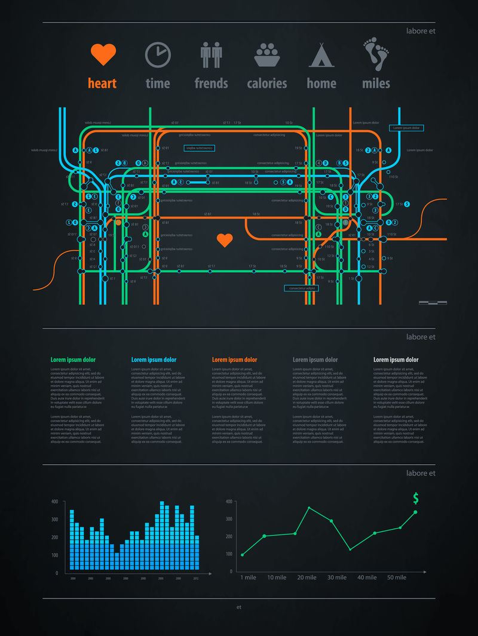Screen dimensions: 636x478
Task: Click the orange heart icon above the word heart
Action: tap(102, 55)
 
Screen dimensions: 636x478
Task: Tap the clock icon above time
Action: tap(158, 55)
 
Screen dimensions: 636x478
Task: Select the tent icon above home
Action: tap(321, 55)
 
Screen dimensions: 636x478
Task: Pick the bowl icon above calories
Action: tap(267, 55)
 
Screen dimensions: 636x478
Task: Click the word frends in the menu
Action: tap(211, 84)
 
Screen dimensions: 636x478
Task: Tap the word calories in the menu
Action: tap(267, 84)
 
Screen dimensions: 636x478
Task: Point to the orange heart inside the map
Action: tap(225, 240)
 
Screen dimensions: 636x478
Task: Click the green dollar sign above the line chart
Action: tap(416, 499)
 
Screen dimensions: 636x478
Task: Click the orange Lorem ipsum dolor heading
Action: tap(234, 360)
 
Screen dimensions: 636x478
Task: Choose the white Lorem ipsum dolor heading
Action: tap(396, 360)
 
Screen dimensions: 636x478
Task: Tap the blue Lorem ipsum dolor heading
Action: tap(154, 360)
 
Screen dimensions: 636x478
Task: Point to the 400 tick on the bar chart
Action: tap(54, 502)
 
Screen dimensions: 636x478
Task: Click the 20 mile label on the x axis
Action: tap(307, 577)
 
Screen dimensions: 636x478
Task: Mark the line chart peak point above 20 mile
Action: tap(309, 508)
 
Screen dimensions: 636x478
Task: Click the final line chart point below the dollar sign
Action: tap(415, 512)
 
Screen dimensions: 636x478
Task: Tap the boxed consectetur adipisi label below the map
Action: tap(301, 288)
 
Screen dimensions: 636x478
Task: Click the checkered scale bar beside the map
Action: tap(433, 303)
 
